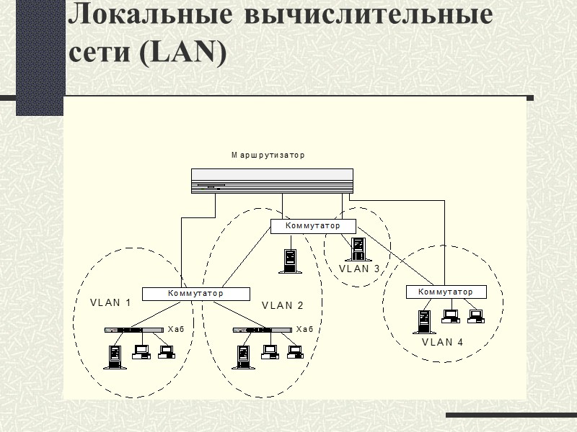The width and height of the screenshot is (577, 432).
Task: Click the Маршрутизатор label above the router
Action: [x=268, y=155]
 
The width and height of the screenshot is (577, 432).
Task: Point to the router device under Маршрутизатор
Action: [x=273, y=181]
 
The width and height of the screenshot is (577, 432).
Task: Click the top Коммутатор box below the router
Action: [x=313, y=226]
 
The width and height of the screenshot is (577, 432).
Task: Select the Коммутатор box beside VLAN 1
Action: [x=195, y=294]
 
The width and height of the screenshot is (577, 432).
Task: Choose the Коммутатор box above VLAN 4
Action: [x=446, y=292]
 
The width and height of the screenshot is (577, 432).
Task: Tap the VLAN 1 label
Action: [x=110, y=303]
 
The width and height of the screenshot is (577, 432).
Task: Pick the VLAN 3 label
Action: [x=359, y=269]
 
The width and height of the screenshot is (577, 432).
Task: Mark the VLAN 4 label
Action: [x=442, y=342]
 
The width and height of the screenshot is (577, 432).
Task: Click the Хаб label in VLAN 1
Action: [x=176, y=329]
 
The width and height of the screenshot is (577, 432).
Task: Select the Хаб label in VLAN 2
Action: [x=305, y=329]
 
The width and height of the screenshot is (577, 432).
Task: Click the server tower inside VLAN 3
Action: [x=357, y=248]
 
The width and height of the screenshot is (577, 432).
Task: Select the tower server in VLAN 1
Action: [x=115, y=356]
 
